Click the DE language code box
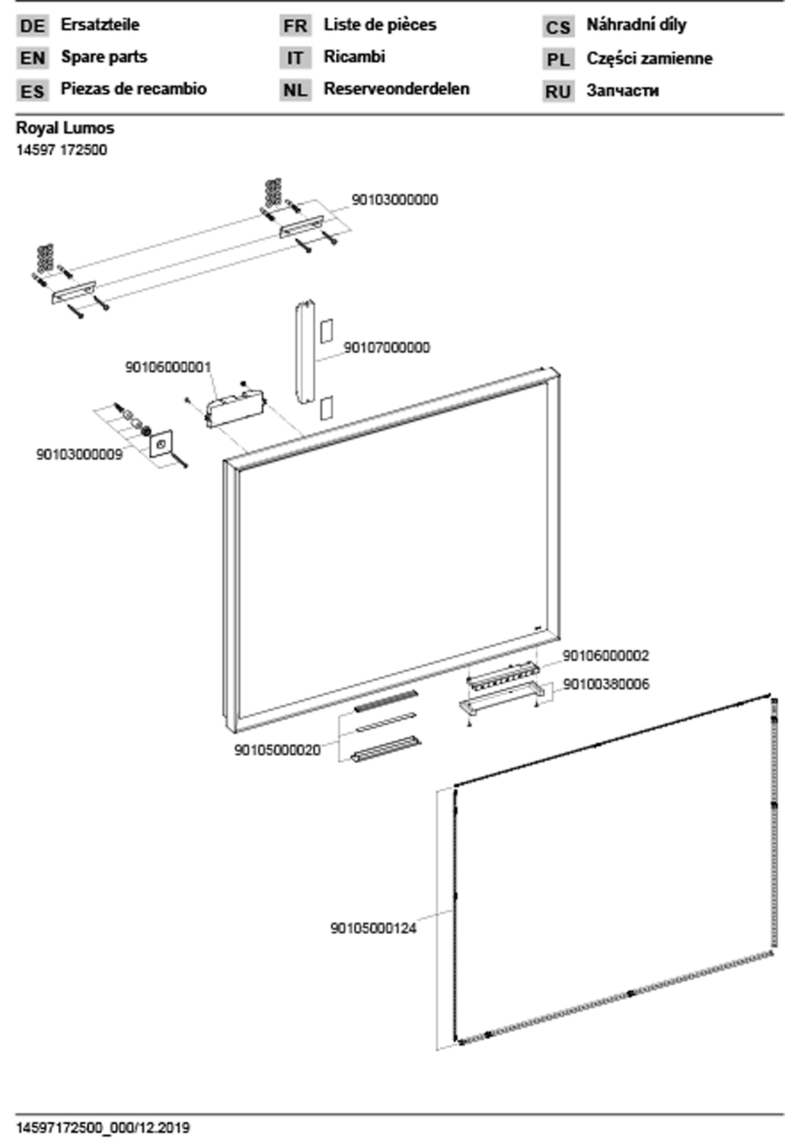(x=32, y=25)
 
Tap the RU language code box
(x=558, y=92)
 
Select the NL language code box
(x=295, y=90)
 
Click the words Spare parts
(x=104, y=57)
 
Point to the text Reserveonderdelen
(x=396, y=89)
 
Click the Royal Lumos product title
(x=65, y=128)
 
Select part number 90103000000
(x=395, y=200)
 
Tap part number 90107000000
(x=387, y=348)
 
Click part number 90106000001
(x=168, y=367)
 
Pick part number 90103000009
(x=79, y=454)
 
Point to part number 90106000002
(x=605, y=656)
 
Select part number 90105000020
(x=277, y=750)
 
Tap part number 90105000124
(x=373, y=929)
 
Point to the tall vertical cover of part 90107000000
(x=305, y=353)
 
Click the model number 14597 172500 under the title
(x=62, y=150)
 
